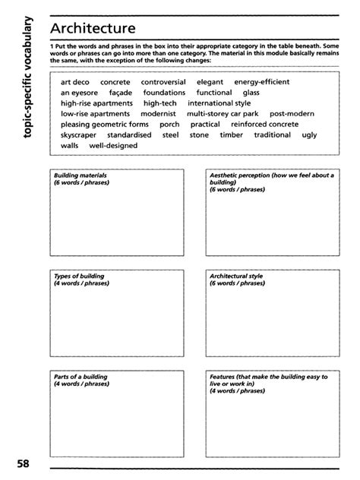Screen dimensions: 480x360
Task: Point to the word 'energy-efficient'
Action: [264, 81]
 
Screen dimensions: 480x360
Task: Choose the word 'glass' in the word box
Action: [251, 92]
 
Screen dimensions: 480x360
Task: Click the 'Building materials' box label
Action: [80, 175]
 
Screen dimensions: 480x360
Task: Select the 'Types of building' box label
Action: [79, 276]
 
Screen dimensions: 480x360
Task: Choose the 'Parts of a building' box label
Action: [80, 376]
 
